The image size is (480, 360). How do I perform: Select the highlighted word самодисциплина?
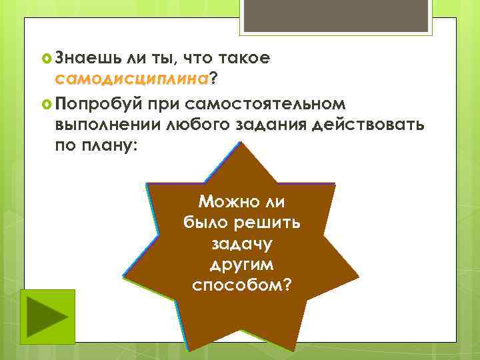(x=133, y=80)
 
